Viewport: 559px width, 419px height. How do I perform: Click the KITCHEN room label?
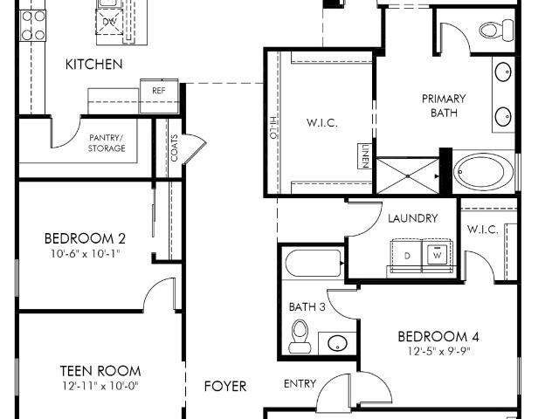[94, 64]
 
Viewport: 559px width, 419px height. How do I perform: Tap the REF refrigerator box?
[159, 96]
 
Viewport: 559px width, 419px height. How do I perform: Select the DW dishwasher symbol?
[109, 22]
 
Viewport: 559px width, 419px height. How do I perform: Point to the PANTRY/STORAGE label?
[107, 143]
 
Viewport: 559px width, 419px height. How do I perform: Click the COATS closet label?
[175, 148]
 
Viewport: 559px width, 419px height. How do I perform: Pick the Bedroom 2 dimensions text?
[85, 254]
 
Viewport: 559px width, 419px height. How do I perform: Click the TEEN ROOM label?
[100, 371]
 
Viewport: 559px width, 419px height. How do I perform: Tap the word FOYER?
[225, 386]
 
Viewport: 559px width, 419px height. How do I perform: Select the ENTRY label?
[300, 384]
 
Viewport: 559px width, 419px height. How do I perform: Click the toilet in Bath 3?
[300, 336]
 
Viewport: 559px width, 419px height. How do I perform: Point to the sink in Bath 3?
[337, 343]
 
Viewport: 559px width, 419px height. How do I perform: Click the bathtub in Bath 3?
[314, 263]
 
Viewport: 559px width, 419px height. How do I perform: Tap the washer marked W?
[437, 255]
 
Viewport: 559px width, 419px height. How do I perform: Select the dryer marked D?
[407, 256]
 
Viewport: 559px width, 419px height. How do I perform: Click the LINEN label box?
[365, 155]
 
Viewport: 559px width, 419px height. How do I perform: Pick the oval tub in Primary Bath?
[480, 173]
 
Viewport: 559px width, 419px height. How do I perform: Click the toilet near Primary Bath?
[497, 29]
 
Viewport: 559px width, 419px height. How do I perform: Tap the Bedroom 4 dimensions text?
[438, 352]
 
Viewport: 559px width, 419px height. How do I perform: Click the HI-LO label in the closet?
[273, 128]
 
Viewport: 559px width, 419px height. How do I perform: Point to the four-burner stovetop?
[33, 25]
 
